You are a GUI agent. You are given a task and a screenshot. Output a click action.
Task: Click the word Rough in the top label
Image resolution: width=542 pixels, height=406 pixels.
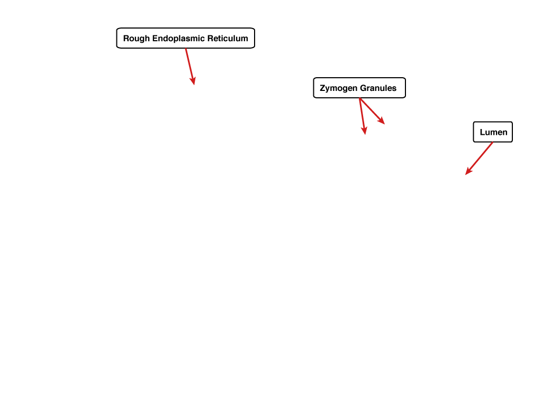point(137,39)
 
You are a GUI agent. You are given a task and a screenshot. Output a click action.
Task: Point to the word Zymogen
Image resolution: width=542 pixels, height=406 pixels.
point(338,88)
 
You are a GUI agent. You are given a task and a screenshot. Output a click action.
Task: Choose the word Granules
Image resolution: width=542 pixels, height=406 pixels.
point(378,88)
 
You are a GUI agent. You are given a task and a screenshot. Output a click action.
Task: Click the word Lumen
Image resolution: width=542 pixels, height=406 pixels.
point(494,132)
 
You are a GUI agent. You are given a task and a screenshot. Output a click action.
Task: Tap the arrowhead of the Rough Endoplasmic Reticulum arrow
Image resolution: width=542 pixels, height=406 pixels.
point(193,81)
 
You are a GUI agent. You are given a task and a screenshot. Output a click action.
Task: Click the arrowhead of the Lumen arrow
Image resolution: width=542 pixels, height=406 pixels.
point(469,171)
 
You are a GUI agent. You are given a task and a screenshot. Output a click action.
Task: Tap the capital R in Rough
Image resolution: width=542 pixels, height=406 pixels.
point(126,38)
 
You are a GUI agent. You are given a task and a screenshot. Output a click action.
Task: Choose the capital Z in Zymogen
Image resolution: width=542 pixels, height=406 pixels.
point(322,88)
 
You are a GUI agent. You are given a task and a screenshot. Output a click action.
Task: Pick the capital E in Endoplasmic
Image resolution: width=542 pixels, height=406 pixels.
point(155,38)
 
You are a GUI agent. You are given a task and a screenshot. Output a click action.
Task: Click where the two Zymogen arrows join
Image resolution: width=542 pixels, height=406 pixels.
point(360,98)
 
